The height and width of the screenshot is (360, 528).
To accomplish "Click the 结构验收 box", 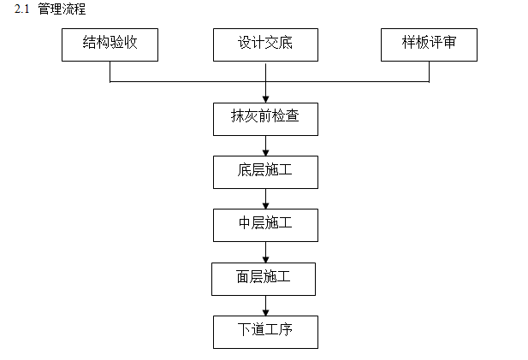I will (x=110, y=44).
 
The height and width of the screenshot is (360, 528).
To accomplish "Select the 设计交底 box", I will (x=265, y=44).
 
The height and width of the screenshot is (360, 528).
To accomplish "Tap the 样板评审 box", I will (x=429, y=44).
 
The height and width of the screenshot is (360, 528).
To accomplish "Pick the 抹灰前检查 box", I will (x=265, y=119).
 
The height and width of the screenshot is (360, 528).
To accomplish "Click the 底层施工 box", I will (x=265, y=172).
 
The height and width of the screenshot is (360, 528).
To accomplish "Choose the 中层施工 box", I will (x=265, y=225).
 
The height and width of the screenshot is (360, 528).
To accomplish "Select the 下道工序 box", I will (x=265, y=331).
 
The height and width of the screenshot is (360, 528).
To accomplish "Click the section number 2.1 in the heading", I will (x=22, y=9).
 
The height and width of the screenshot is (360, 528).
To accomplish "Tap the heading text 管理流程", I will (x=62, y=9).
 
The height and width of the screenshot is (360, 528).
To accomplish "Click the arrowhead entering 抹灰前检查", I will (x=265, y=98).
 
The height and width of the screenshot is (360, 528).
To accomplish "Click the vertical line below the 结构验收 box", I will (x=110, y=71).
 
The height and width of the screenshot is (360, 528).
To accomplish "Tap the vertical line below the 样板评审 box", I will (x=429, y=71).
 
